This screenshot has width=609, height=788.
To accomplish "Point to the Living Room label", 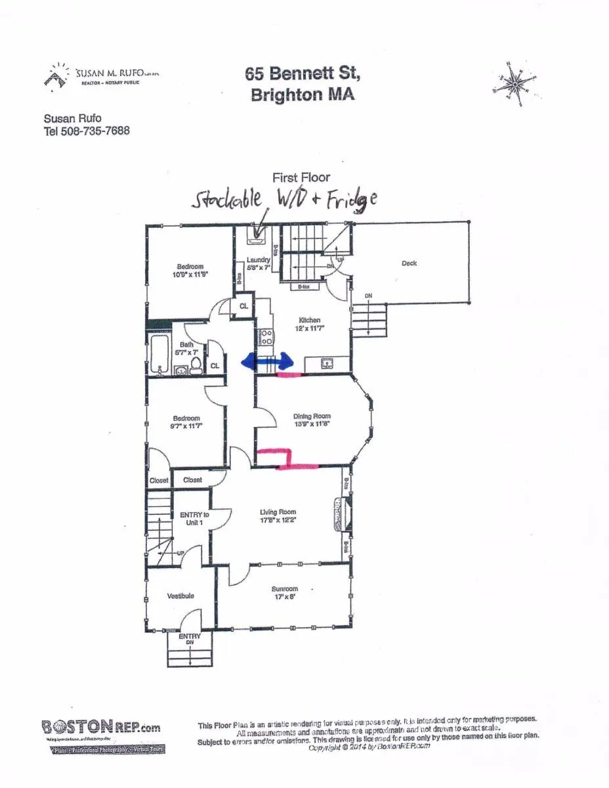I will pyautogui.click(x=278, y=512).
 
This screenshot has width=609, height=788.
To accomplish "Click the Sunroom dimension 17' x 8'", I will pyautogui.click(x=283, y=598).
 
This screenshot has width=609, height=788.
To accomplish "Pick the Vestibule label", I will pyautogui.click(x=180, y=596).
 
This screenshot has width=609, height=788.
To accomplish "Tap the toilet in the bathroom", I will pyautogui.click(x=196, y=367).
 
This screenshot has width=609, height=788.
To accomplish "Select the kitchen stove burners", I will pyautogui.click(x=267, y=338).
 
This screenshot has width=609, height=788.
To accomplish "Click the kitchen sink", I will pyautogui.click(x=325, y=363).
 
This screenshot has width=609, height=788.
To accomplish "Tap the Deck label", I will pyautogui.click(x=409, y=263).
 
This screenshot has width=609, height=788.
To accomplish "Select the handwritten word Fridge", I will pyautogui.click(x=352, y=200).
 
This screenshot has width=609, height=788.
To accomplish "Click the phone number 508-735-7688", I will pyautogui.click(x=94, y=131).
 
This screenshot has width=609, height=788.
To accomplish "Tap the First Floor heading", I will pyautogui.click(x=301, y=177).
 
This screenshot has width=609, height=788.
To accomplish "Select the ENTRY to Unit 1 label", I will pyautogui.click(x=194, y=519).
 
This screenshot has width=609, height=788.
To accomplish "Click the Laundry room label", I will pyautogui.click(x=259, y=260).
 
